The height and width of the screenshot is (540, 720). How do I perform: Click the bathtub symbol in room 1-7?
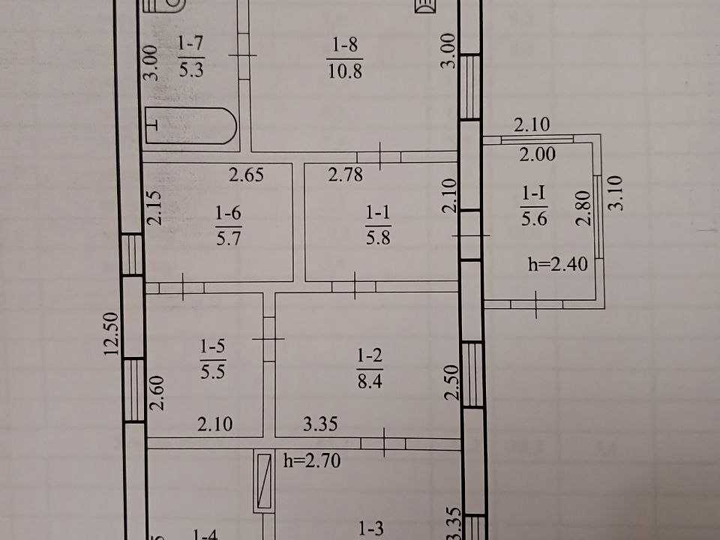click(191, 126)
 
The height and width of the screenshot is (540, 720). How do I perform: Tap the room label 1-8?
click(345, 45)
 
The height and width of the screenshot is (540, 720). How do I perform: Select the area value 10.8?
click(345, 71)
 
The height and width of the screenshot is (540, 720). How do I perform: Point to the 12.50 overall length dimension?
click(112, 334)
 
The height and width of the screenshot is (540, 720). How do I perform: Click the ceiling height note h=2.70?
click(312, 460)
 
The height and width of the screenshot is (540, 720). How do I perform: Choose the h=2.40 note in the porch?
click(558, 264)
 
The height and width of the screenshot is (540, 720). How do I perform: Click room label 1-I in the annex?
click(533, 193)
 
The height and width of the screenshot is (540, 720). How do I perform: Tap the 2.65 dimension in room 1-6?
click(247, 175)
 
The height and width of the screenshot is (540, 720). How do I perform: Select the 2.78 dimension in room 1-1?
click(346, 175)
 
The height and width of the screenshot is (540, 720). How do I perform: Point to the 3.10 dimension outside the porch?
click(616, 193)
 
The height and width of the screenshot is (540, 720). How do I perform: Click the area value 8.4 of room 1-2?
click(370, 381)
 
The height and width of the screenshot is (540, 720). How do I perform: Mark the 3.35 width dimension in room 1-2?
click(320, 423)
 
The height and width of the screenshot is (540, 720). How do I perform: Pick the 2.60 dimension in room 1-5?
click(157, 392)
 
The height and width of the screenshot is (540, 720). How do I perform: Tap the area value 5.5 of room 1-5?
click(212, 371)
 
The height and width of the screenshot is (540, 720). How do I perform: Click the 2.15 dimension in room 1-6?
click(155, 208)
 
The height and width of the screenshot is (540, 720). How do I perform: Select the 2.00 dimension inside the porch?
click(538, 154)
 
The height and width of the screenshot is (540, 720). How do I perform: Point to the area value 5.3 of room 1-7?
click(191, 70)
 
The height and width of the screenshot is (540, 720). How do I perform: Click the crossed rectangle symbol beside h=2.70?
click(264, 481)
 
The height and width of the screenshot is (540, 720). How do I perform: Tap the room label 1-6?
click(228, 212)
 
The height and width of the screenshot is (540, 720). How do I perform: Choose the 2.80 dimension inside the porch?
click(583, 208)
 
